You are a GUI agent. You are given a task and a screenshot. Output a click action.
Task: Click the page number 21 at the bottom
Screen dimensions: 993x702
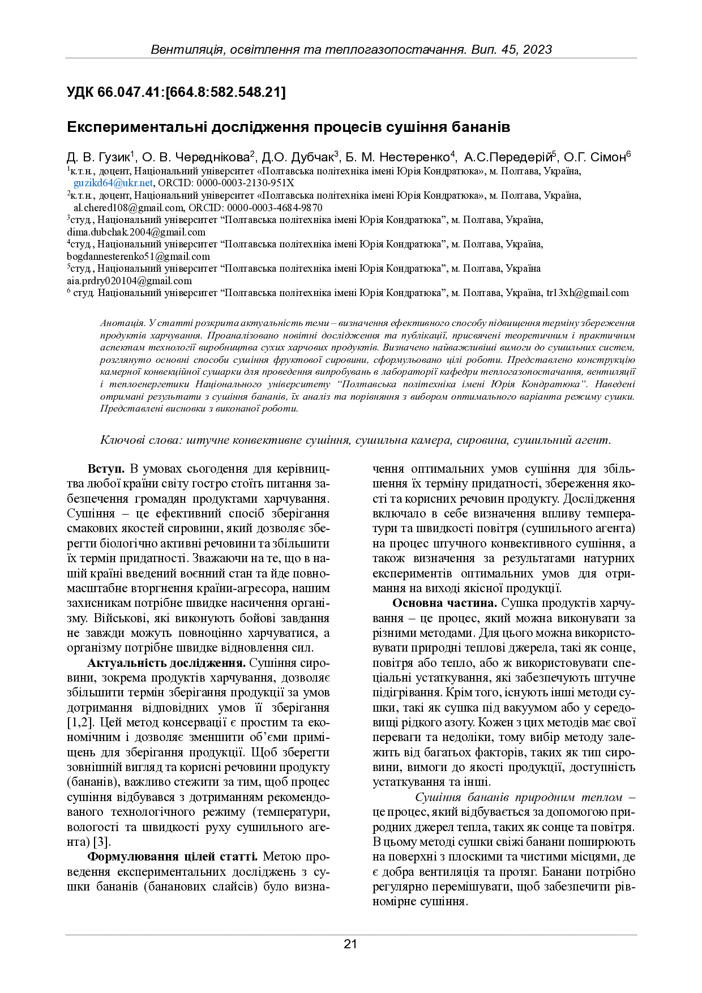[350, 944]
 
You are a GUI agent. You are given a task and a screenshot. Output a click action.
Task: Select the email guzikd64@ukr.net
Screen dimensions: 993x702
[113, 183]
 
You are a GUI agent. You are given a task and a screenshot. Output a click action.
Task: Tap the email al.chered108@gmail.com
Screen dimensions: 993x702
[129, 208]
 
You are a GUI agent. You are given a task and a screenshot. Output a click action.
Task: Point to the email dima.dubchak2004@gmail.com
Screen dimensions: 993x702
[136, 232]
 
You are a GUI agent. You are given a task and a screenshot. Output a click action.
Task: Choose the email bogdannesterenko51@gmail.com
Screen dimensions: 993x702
[138, 256]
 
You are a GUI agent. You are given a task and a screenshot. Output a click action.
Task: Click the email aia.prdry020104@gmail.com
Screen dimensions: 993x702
[129, 281]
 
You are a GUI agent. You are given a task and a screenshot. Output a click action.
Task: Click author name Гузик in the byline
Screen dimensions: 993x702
[114, 157]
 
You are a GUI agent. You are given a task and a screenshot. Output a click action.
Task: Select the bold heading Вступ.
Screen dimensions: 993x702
[106, 469]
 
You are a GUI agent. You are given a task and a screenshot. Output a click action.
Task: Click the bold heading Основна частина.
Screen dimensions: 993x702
[444, 603]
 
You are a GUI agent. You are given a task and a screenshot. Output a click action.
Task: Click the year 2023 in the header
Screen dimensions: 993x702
[537, 49]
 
